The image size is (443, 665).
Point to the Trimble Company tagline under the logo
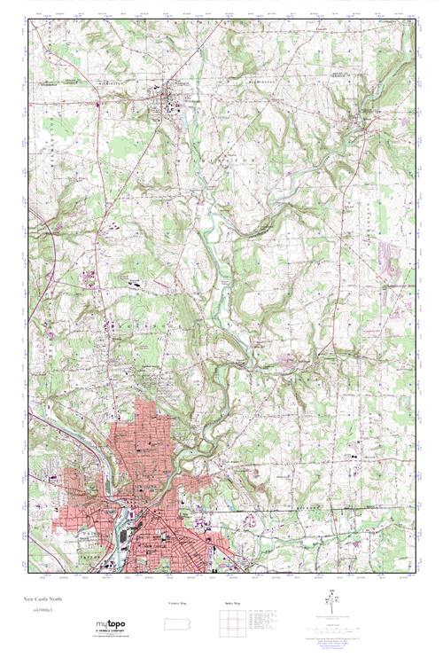(x=110, y=632)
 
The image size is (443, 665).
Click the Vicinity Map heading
(x=178, y=603)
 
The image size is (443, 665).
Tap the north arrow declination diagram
(x=335, y=602)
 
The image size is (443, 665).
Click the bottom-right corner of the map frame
(x=416, y=572)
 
